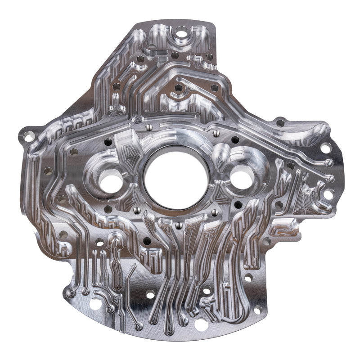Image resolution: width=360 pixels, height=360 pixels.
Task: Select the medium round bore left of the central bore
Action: coord(110,182)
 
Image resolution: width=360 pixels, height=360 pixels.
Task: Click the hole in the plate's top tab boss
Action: coord(181,32)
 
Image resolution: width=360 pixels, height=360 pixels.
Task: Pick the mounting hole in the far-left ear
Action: coord(28,135)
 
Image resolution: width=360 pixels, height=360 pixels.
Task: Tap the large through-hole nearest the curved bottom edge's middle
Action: coord(201,323)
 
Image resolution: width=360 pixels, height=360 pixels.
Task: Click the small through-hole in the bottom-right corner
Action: coord(257,309)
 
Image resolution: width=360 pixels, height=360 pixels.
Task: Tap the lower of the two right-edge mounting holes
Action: coord(328,194)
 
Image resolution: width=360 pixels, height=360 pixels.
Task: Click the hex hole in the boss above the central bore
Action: coord(179,88)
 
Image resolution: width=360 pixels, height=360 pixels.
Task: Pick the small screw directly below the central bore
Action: coord(179,225)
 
